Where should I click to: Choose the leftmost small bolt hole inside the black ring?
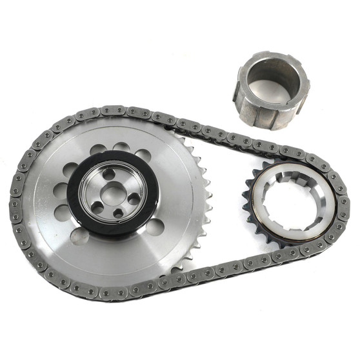[95, 205]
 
